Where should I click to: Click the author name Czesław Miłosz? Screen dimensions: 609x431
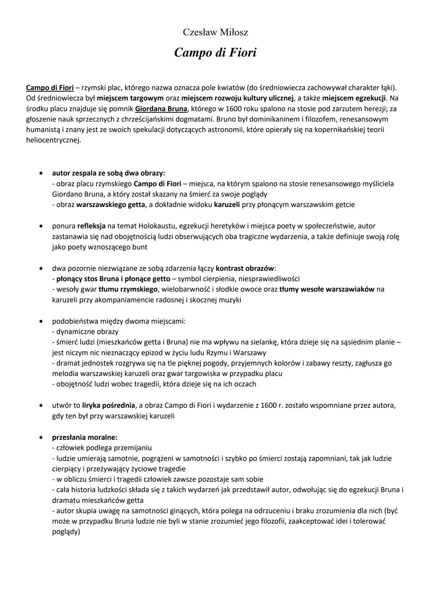tap(215, 32)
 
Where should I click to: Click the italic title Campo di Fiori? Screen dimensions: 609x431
tap(215, 52)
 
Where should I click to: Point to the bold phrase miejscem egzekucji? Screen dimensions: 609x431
tap(354, 98)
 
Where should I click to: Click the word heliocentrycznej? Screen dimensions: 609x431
tap(52, 140)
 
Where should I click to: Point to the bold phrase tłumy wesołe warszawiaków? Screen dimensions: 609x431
tap(327, 289)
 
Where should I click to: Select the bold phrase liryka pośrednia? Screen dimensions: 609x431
tap(109, 406)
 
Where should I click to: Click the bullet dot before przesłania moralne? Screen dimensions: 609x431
tap(41, 438)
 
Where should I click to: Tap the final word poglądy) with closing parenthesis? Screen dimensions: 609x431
tap(66, 532)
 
